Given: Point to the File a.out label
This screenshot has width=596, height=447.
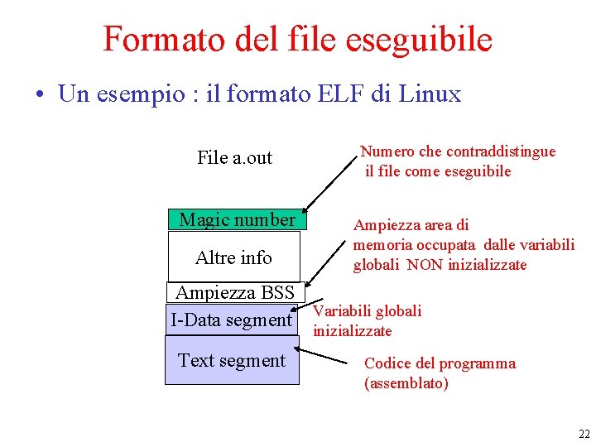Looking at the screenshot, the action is (234, 157).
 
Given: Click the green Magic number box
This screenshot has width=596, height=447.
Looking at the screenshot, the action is (237, 219).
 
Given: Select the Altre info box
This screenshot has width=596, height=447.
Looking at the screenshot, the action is (233, 257).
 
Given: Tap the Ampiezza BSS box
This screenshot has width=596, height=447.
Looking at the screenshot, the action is (235, 292).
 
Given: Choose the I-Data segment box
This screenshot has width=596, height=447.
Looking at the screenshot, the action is (231, 320).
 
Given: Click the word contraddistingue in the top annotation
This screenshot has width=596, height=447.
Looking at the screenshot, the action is (501, 151).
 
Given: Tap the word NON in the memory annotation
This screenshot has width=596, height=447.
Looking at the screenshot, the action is (425, 265).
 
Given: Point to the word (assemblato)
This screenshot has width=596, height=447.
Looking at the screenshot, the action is (406, 383).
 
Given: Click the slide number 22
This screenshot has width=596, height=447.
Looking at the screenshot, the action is (584, 434).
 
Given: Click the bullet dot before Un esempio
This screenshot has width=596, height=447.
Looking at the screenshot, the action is (40, 94).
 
